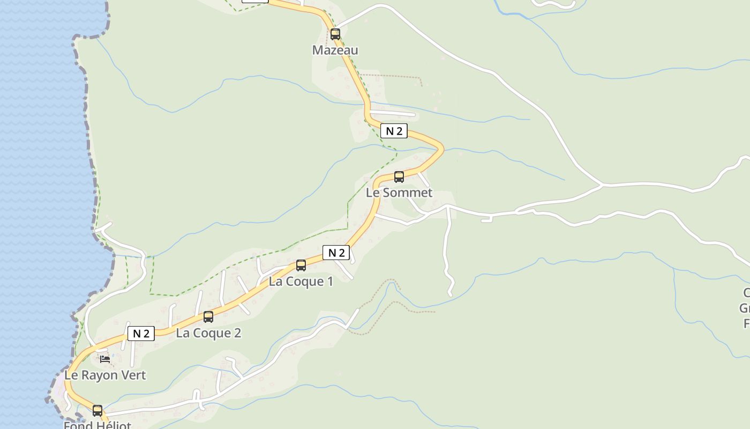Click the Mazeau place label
[x=335, y=50]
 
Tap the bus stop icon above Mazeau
[x=335, y=34]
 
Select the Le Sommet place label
[x=399, y=193]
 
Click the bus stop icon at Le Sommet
[x=399, y=177]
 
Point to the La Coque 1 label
[x=301, y=282]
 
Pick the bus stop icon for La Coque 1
[x=301, y=265]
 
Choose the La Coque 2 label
[x=208, y=333]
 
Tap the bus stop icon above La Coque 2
[x=208, y=317]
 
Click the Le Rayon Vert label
[x=105, y=375]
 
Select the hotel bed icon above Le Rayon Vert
[x=105, y=359]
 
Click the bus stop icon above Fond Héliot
[x=97, y=411]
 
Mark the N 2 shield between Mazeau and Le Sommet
[x=394, y=131]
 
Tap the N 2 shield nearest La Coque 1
[x=336, y=253]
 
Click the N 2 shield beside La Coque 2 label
[x=141, y=334]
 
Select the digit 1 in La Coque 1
[x=330, y=282]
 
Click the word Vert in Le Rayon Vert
[x=134, y=375]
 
